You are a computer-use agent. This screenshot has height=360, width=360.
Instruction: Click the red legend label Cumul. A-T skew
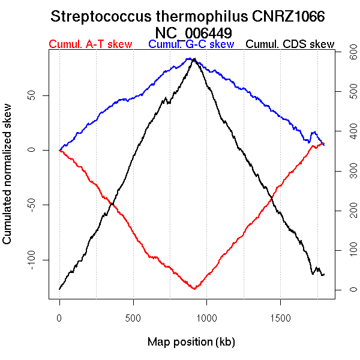90,45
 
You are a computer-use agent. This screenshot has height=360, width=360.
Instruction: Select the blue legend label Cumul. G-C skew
191,45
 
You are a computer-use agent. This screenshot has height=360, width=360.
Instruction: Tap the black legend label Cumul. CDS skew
290,45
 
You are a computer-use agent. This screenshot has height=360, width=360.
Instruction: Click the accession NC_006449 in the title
194,32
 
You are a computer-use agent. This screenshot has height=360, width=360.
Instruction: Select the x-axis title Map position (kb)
191,343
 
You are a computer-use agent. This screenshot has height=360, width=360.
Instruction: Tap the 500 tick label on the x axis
133,316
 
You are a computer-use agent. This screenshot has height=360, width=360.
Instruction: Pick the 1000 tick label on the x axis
206,316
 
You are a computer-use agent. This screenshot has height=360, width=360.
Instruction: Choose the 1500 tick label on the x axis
280,316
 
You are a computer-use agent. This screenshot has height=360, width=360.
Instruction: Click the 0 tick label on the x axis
59,316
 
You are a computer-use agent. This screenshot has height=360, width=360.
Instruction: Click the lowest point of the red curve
194,289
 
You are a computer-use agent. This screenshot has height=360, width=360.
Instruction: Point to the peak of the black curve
193,59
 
